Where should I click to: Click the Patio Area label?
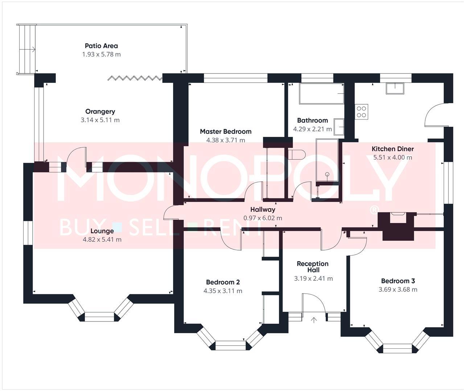click(x=101, y=46)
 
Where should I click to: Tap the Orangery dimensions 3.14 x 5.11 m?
click(x=100, y=120)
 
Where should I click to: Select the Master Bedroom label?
click(x=225, y=131)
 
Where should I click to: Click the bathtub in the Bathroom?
click(x=321, y=94)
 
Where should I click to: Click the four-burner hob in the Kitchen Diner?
click(x=361, y=111)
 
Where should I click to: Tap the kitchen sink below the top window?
click(x=394, y=88)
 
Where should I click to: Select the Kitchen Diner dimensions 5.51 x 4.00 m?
click(x=393, y=157)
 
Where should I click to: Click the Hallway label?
click(x=263, y=210)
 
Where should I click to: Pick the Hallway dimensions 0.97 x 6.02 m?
click(x=263, y=218)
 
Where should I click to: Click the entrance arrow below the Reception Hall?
click(x=314, y=320)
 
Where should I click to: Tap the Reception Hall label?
click(x=312, y=267)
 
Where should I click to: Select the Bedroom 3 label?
click(x=398, y=281)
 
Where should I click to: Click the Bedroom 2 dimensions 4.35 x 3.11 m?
click(x=223, y=291)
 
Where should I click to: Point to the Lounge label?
click(x=102, y=231)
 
